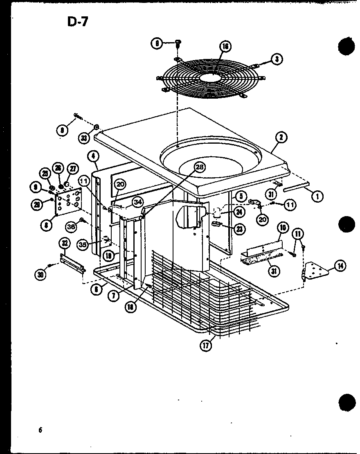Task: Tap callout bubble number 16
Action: coord(224,46)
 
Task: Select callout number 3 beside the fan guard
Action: coord(277,59)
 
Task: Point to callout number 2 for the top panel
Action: coord(281,138)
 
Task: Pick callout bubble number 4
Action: coord(94,156)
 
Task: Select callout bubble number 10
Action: coord(282,227)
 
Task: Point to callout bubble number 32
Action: coord(65,243)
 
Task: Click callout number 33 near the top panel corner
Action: coord(84,138)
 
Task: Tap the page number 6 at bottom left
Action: coord(40,429)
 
